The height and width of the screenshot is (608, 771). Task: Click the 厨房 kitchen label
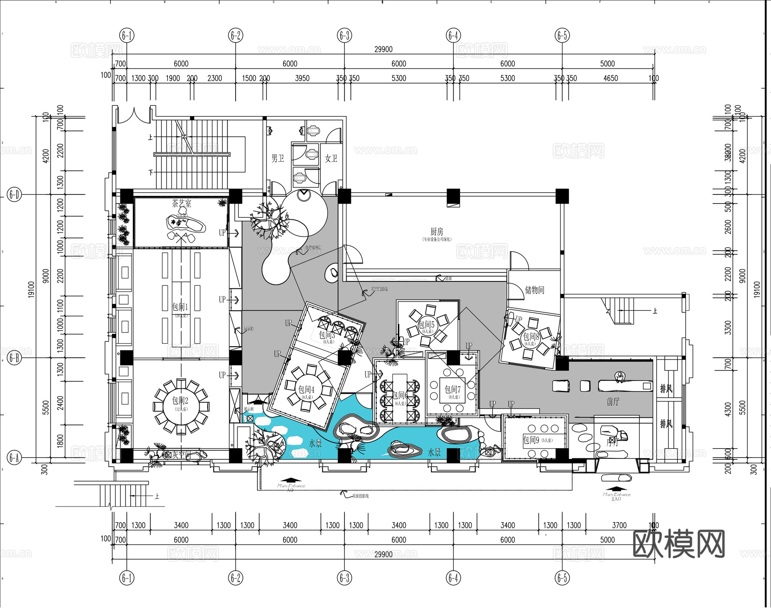[436, 232]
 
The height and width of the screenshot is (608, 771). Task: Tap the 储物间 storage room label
[535, 290]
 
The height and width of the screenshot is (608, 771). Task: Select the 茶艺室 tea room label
[182, 204]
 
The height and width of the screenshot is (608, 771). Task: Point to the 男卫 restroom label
[278, 159]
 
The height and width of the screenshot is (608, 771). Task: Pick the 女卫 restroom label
[331, 159]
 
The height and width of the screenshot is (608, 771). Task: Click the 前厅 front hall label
[613, 401]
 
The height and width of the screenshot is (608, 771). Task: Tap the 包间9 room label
[531, 440]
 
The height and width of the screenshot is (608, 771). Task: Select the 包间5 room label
[426, 325]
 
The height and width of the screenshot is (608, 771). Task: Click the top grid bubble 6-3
[344, 35]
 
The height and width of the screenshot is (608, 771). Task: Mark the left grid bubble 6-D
[14, 195]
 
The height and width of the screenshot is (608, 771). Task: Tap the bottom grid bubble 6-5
[562, 578]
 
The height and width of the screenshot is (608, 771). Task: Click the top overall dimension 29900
[383, 49]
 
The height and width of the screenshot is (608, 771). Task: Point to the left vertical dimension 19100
[31, 289]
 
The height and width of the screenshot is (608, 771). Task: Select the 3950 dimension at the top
[302, 78]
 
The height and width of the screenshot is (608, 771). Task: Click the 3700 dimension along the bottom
[619, 525]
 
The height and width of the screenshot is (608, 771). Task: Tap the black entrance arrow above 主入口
[616, 488]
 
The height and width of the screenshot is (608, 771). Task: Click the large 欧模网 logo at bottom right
[678, 544]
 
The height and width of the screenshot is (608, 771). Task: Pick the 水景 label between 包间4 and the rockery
[315, 443]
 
